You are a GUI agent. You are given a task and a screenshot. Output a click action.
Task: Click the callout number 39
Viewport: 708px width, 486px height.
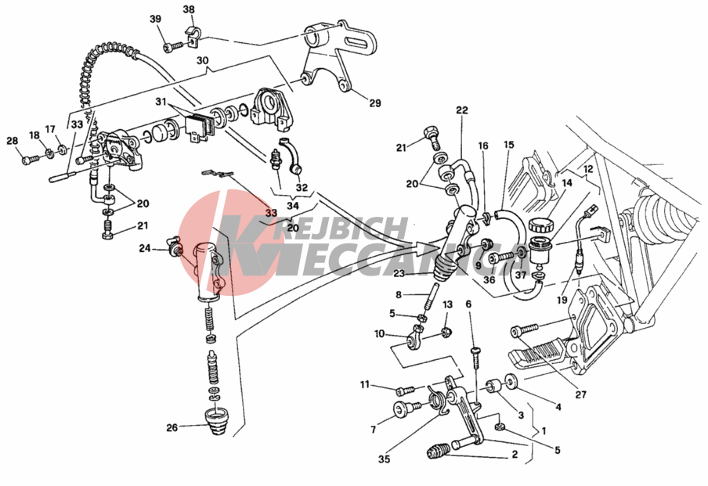[155, 19]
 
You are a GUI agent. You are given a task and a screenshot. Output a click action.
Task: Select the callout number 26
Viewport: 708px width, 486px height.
[172, 427]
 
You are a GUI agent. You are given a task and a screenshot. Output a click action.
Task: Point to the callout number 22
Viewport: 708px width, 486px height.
[461, 110]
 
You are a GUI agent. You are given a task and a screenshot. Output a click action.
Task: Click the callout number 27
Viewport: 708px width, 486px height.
[580, 394]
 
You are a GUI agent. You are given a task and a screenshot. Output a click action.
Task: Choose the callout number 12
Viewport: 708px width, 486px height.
[587, 169]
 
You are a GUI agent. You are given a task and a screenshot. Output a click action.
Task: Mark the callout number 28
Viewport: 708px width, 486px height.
[12, 141]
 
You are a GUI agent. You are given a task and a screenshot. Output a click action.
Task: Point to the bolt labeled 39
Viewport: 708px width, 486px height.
[171, 46]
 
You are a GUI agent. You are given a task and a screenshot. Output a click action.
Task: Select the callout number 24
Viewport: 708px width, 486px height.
[144, 249]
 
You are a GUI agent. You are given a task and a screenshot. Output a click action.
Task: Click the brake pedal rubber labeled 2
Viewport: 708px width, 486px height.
[439, 451]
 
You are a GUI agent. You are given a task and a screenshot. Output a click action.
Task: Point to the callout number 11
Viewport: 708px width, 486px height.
[364, 384]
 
